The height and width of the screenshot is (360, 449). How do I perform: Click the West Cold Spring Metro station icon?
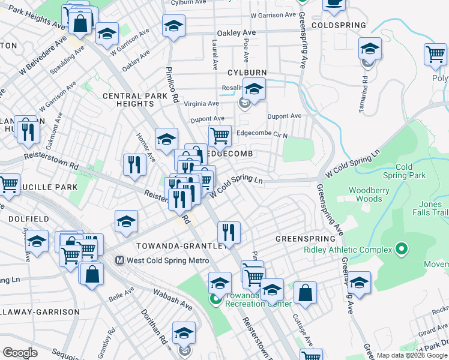119,260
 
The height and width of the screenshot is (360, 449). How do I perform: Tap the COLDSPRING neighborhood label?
339,25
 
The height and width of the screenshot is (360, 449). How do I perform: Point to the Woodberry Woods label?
365,194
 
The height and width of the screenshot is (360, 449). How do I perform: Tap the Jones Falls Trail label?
430,208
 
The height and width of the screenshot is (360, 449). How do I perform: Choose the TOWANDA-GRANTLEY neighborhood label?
179,246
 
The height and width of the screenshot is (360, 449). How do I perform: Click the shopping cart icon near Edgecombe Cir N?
220,136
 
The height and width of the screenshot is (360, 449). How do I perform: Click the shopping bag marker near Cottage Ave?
306,293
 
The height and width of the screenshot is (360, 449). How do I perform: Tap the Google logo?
20,353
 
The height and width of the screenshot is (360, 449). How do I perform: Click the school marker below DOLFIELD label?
37,242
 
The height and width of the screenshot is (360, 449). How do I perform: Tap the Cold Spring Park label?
411,171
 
